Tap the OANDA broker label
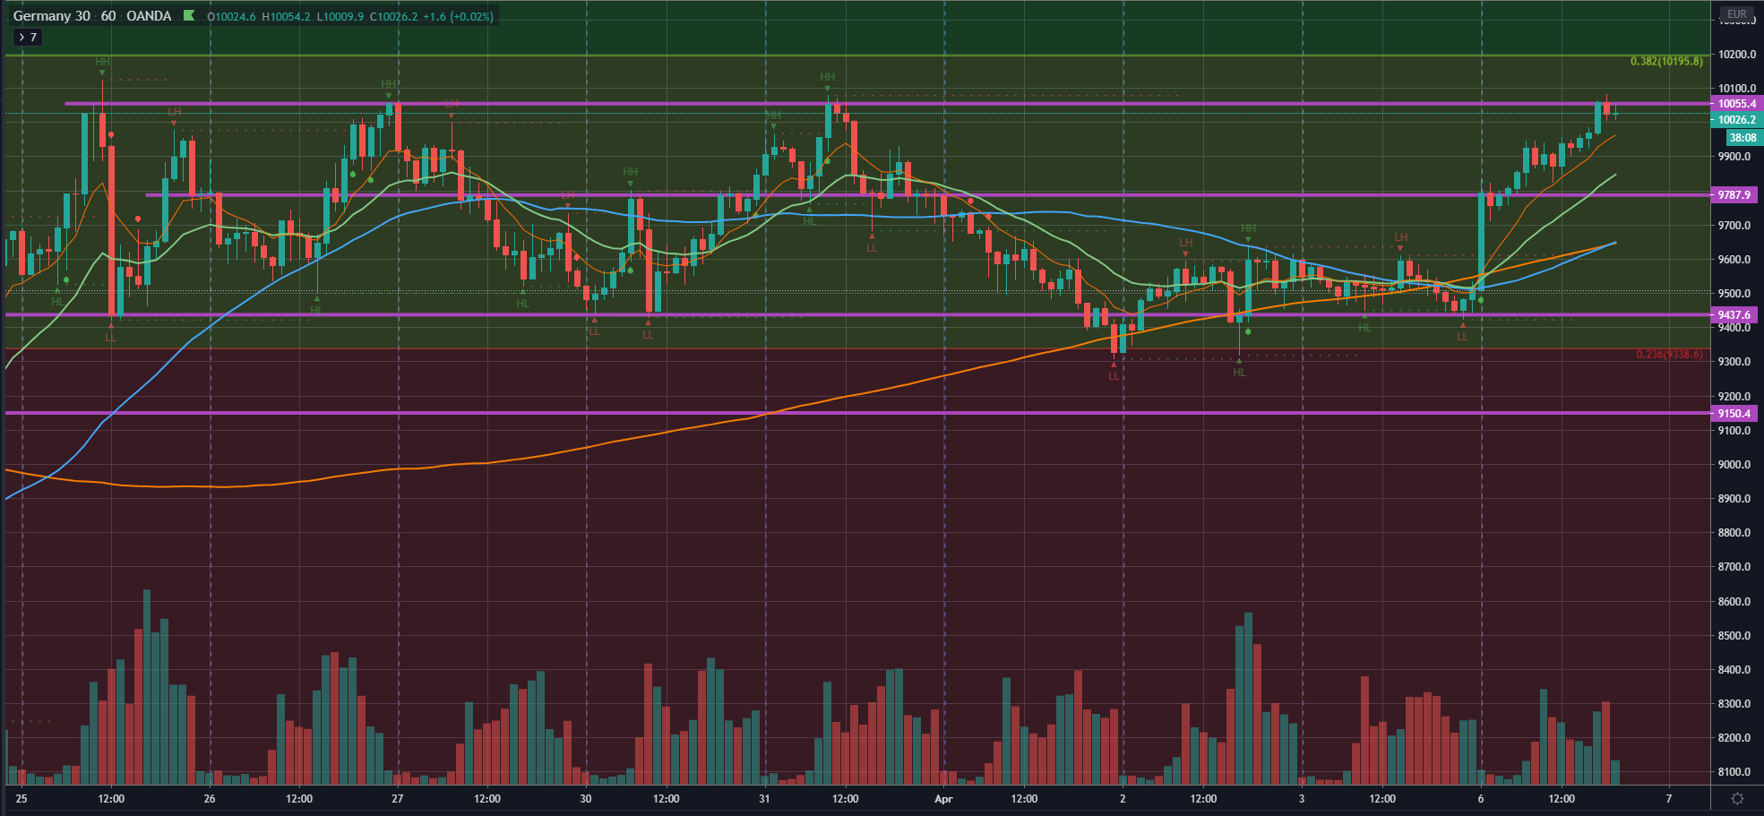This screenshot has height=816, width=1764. (x=149, y=16)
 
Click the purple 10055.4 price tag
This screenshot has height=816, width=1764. (x=1736, y=104)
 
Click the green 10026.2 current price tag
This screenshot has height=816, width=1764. (x=1736, y=120)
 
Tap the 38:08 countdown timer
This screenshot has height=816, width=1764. (x=1742, y=138)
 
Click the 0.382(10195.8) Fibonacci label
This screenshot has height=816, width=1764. (x=1665, y=62)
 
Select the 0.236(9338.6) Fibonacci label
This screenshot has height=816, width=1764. (x=1669, y=355)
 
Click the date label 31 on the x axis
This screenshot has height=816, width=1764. (x=764, y=798)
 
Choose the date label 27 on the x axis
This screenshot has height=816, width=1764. (x=398, y=798)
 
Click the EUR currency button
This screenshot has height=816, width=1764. (x=1736, y=14)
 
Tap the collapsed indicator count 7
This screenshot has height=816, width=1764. (x=27, y=38)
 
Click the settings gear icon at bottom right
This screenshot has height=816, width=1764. (x=1737, y=798)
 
